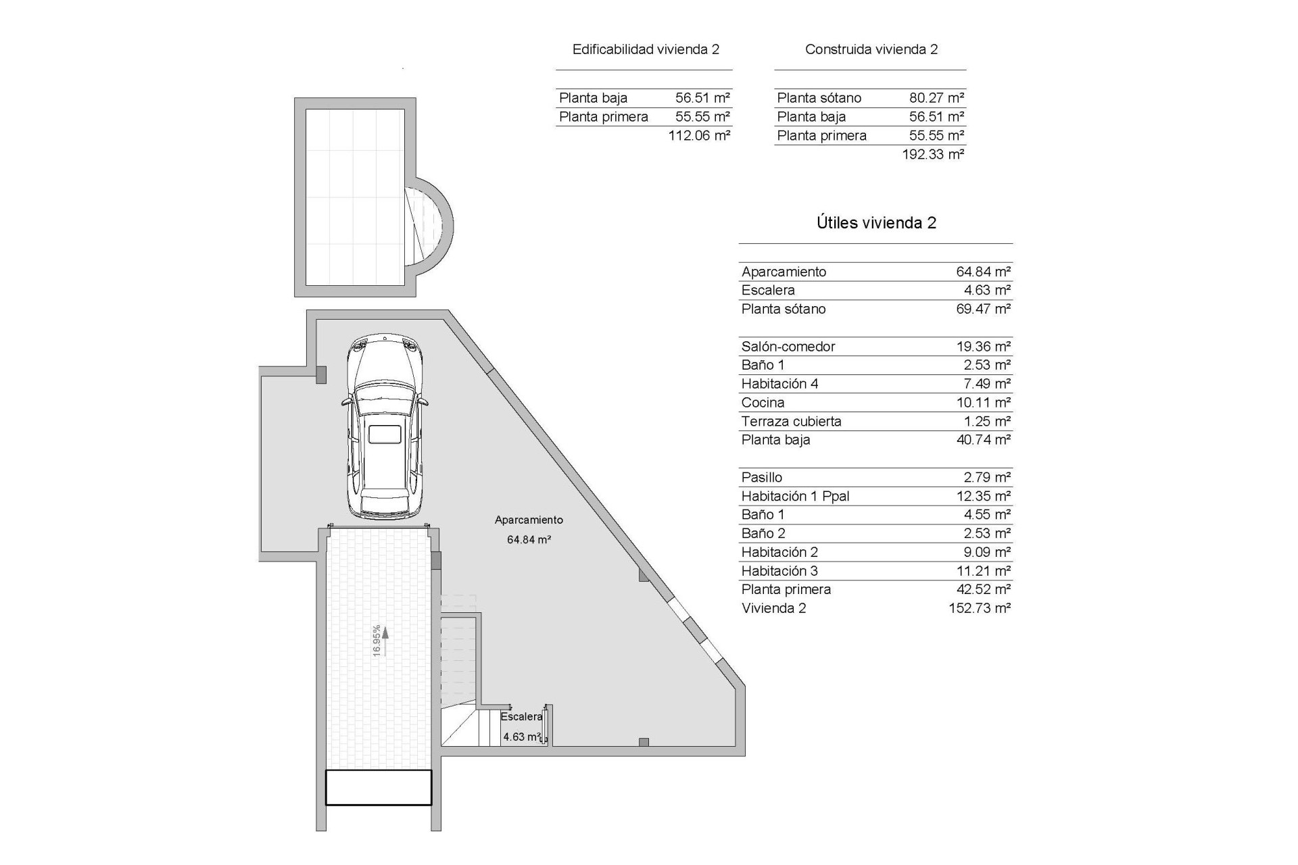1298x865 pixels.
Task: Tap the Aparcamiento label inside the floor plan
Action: tap(529, 520)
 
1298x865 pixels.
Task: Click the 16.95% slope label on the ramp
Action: tap(377, 640)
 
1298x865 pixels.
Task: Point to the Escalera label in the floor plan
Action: tap(521, 716)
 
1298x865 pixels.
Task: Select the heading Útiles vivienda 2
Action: tap(876, 223)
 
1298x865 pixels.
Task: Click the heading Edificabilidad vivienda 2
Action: tap(646, 49)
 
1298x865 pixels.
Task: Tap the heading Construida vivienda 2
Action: tap(871, 49)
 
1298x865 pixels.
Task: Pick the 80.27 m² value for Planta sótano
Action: tap(936, 98)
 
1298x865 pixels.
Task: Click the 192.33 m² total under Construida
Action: tap(933, 154)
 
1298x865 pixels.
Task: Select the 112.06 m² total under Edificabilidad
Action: tap(699, 135)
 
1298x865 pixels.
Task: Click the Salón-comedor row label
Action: tap(788, 347)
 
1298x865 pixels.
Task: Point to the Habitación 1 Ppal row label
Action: tap(795, 496)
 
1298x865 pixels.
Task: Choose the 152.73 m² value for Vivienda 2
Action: tap(980, 608)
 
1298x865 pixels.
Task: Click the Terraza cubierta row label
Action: tap(791, 422)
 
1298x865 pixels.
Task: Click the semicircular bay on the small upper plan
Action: tap(433, 223)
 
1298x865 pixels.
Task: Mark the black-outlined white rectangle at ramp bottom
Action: tap(379, 788)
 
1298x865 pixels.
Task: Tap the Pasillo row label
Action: tap(762, 478)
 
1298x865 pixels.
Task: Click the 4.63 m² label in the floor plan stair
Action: tap(521, 737)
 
